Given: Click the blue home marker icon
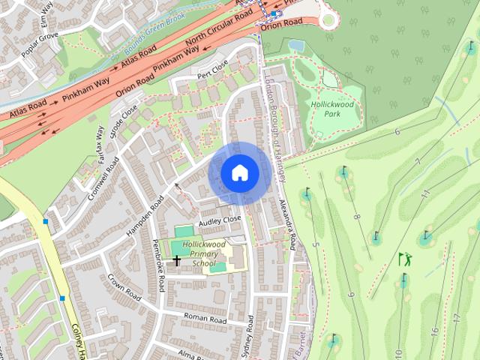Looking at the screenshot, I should (239, 173).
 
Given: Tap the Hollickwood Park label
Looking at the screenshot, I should (335, 110).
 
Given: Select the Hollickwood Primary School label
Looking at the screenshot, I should (203, 254).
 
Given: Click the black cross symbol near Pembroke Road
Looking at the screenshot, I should (177, 261).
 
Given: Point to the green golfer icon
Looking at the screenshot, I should (405, 259).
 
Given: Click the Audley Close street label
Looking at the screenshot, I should (220, 220).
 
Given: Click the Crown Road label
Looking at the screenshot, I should (124, 287).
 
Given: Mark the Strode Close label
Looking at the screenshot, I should (124, 117).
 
